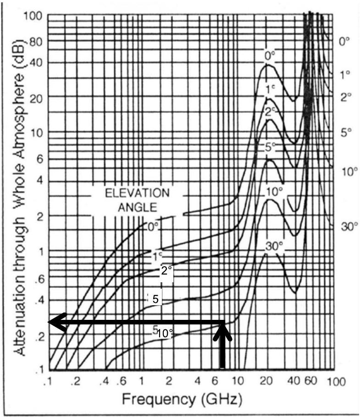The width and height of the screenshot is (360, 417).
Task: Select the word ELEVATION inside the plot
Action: coord(137,193)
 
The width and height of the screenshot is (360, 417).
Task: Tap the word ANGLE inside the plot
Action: coord(137,207)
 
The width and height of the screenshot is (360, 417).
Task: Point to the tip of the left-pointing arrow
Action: coord(50,323)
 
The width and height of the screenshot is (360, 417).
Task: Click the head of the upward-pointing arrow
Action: coord(222,329)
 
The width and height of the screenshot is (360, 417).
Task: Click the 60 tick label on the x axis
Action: coord(310,381)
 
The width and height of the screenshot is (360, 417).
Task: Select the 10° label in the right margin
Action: coord(349,172)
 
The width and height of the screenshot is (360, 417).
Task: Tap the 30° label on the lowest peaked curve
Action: coord(274,246)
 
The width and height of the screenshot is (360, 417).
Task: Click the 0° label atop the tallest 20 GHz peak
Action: coord(270,55)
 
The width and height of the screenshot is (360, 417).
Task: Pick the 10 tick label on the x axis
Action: coord(238,381)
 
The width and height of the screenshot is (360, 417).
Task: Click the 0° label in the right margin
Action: coord(344,41)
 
